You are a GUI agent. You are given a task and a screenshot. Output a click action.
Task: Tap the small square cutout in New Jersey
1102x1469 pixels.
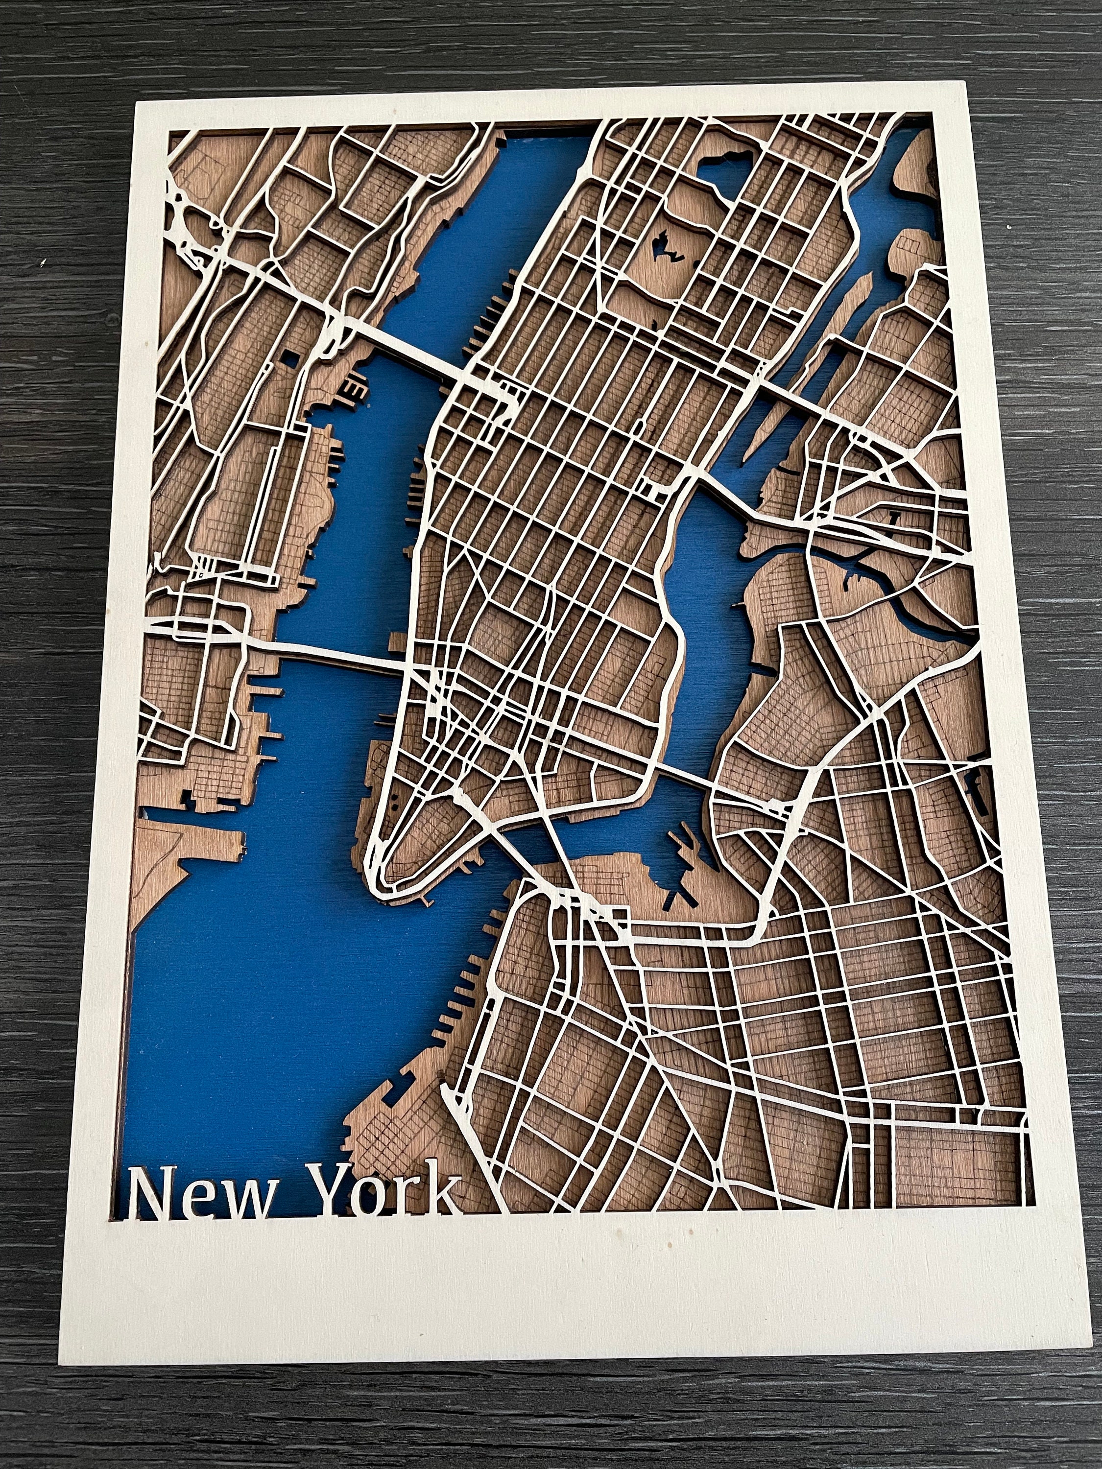290,360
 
